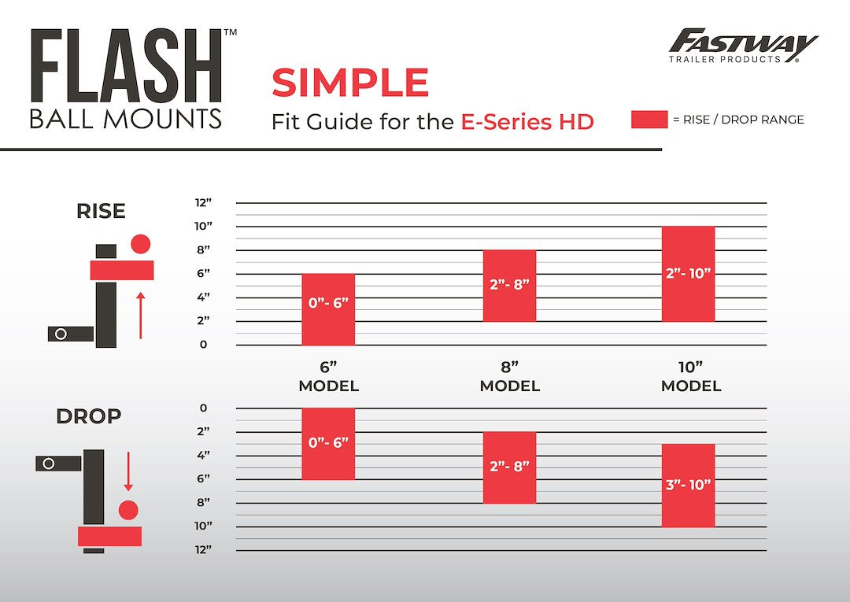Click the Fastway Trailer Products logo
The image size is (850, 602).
[x=743, y=46]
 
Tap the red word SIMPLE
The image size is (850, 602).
[x=350, y=83]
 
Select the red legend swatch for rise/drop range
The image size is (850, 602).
[x=649, y=120]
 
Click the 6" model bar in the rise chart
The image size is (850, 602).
[x=328, y=309]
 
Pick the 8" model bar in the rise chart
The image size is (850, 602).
[x=509, y=286]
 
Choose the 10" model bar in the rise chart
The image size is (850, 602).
[x=689, y=274]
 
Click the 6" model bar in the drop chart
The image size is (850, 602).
[x=328, y=444]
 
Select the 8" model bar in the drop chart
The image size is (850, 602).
[x=509, y=467]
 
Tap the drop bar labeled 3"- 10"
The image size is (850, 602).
[x=689, y=486]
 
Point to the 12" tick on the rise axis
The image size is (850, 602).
[x=204, y=203]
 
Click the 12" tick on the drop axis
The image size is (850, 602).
[x=204, y=549]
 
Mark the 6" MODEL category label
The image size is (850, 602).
[x=328, y=377]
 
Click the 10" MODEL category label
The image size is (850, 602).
[x=691, y=377]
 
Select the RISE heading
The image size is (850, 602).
[x=102, y=212]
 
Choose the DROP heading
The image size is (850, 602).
[x=88, y=416]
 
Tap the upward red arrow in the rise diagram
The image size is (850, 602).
[x=141, y=315]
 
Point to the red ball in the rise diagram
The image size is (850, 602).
[x=141, y=244]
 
